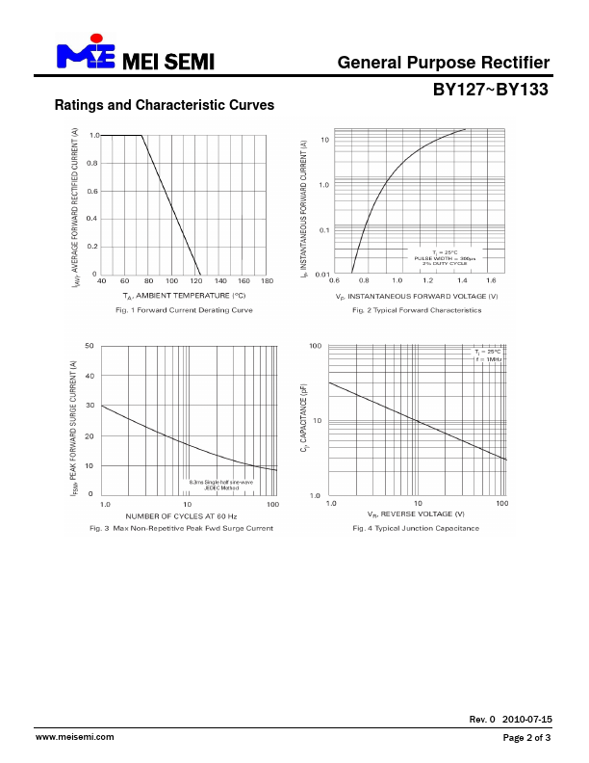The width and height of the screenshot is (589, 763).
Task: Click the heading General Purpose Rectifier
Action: click(444, 63)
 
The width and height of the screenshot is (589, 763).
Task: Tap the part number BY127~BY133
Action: click(490, 90)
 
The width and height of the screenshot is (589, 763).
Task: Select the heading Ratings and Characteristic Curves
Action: click(165, 105)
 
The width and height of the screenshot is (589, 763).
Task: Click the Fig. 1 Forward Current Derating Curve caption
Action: click(184, 311)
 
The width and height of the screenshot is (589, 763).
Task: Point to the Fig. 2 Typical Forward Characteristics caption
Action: click(417, 311)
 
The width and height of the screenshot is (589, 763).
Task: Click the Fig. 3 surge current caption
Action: click(181, 528)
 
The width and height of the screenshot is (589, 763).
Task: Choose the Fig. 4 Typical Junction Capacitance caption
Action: click(416, 528)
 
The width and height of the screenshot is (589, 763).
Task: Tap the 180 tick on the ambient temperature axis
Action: click(268, 280)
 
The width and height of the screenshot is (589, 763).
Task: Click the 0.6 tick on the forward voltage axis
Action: click(334, 280)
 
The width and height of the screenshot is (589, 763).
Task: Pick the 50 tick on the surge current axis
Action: click(90, 345)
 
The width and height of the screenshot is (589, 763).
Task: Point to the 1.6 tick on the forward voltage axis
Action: click(491, 280)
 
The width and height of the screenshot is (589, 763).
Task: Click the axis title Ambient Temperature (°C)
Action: click(184, 295)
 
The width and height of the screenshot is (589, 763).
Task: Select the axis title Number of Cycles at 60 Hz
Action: click(181, 516)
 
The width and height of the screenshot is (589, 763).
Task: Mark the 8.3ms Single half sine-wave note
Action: click(220, 482)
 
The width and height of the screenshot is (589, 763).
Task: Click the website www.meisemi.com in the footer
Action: click(74, 737)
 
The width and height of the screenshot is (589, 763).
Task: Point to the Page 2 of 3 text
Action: click(526, 738)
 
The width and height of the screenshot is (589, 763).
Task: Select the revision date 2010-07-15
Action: click(527, 720)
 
